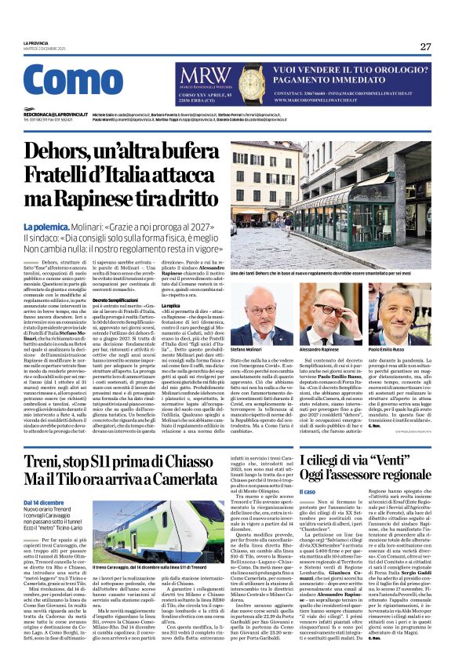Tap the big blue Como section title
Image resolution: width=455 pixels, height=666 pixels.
[x=73, y=84]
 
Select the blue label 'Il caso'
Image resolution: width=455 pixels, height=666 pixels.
[x=308, y=491]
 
